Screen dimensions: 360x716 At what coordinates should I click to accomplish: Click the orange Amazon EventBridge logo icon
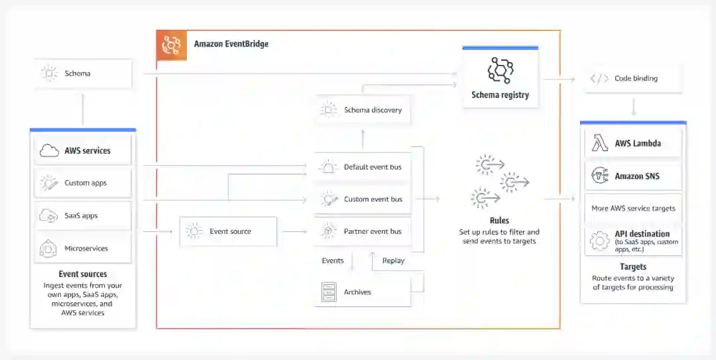click(172, 45)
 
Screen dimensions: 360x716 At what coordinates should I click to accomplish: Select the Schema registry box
click(500, 78)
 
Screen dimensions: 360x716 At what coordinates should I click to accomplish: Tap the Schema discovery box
click(363, 110)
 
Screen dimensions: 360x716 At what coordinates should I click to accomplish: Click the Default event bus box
click(363, 167)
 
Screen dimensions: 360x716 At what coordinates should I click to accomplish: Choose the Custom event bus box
click(363, 199)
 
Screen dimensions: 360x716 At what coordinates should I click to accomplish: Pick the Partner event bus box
click(363, 231)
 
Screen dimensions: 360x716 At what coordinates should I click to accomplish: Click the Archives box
click(363, 292)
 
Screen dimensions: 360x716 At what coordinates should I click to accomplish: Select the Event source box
click(228, 231)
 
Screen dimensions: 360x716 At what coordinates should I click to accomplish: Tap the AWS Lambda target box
click(633, 143)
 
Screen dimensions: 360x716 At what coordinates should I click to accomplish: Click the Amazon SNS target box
click(633, 176)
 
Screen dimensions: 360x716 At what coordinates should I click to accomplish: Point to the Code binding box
click(633, 78)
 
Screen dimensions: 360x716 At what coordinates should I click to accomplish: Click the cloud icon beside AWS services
click(49, 151)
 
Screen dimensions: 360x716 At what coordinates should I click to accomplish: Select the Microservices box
click(83, 249)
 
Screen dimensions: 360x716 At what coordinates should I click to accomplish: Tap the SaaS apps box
click(83, 215)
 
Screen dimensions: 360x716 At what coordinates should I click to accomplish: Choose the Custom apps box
click(83, 183)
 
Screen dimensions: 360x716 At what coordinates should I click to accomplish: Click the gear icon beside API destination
click(599, 241)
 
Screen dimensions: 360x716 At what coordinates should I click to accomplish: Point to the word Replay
click(393, 261)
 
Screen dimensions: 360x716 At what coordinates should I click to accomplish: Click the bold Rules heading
click(499, 221)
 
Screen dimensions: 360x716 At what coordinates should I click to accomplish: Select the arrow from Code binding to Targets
click(633, 106)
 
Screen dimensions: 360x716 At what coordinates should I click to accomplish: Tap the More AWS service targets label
click(633, 208)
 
